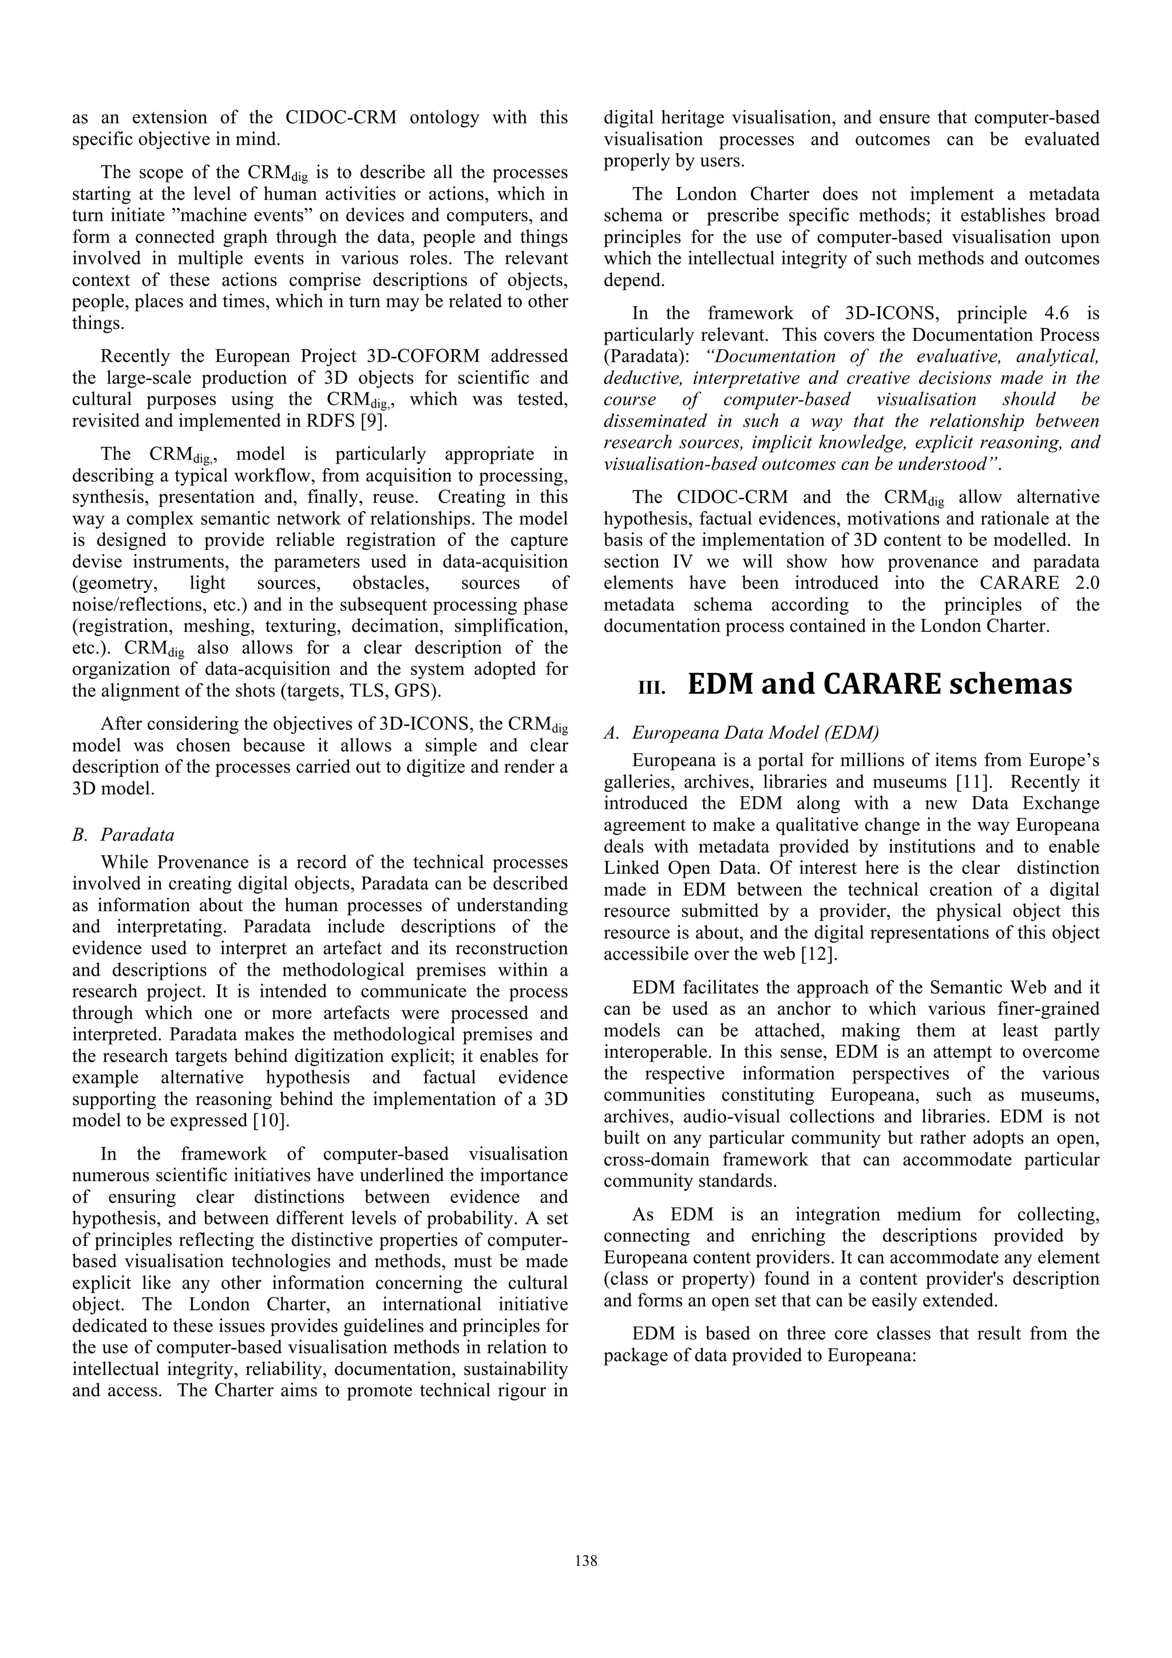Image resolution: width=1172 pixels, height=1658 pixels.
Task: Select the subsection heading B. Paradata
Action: coord(124,835)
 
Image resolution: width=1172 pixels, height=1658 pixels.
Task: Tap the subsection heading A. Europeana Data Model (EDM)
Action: coord(742,733)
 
